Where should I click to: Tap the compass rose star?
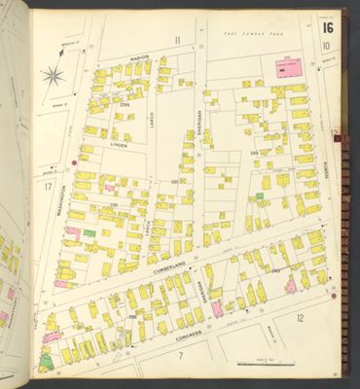pyautogui.click(x=54, y=75)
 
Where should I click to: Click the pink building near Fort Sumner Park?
pyautogui.click(x=288, y=69)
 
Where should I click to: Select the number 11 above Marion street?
pyautogui.click(x=177, y=40)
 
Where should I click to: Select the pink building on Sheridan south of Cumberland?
pyautogui.click(x=216, y=308)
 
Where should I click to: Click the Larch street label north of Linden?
pyautogui.click(x=152, y=119)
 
